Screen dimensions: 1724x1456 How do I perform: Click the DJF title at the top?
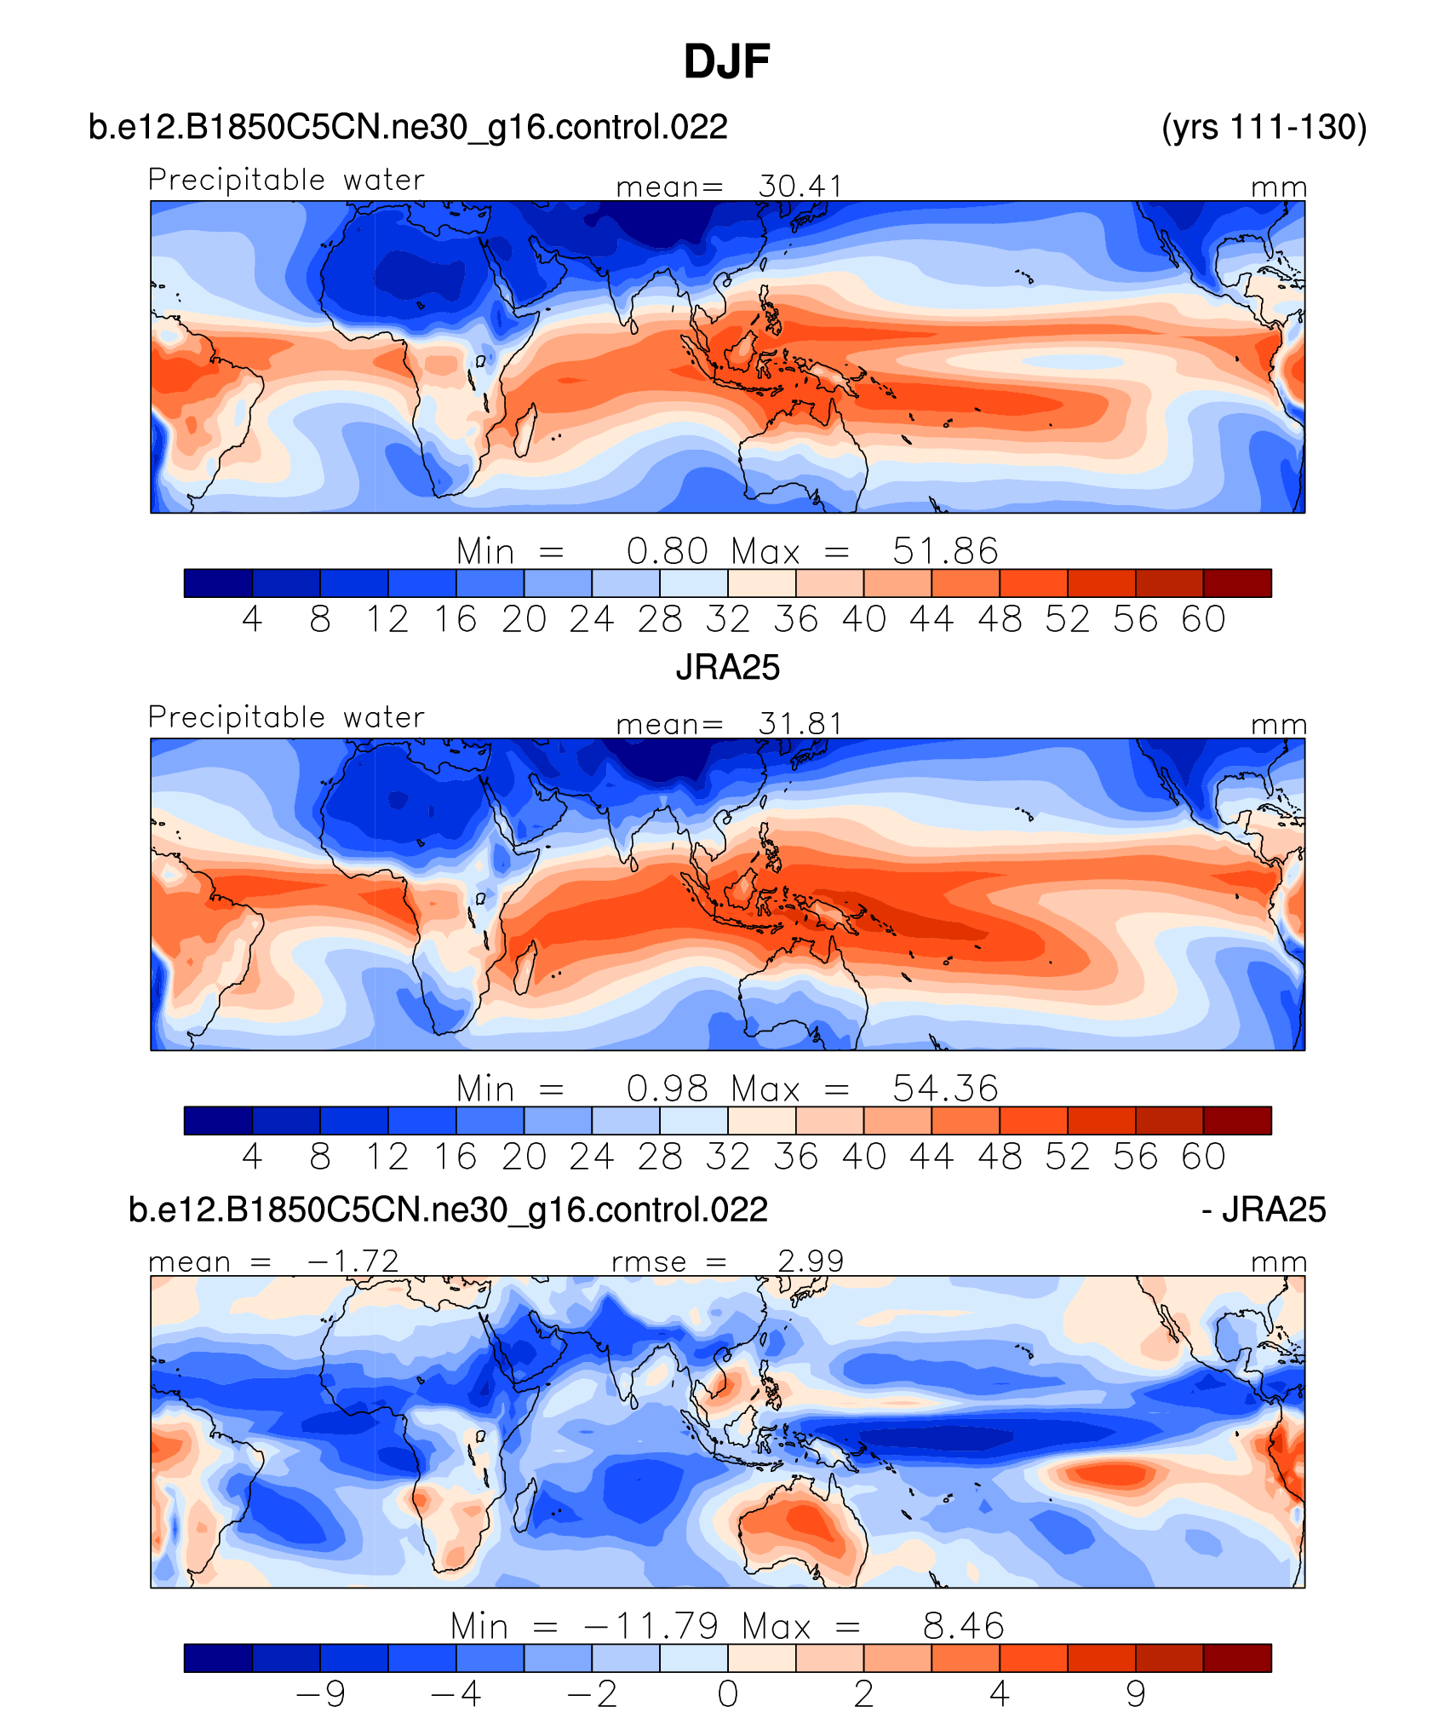click(x=726, y=61)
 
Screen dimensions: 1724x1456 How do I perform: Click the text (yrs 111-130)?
click(x=1264, y=127)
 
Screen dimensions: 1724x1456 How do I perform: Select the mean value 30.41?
click(x=800, y=186)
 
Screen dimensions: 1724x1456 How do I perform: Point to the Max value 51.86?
click(x=945, y=551)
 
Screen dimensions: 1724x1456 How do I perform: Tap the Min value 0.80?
click(x=667, y=551)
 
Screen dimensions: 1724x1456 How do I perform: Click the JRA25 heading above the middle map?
click(x=727, y=667)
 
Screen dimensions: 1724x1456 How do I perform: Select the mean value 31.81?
click(x=800, y=724)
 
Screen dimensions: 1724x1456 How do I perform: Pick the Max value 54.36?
click(x=945, y=1089)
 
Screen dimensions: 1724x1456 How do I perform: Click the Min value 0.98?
click(x=667, y=1089)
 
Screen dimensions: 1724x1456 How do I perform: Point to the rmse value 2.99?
click(x=811, y=1261)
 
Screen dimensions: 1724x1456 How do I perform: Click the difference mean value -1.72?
click(x=353, y=1261)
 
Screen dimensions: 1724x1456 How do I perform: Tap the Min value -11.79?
click(x=651, y=1626)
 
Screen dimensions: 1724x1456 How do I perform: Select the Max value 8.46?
click(x=964, y=1626)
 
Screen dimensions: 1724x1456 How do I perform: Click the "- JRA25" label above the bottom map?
click(x=1264, y=1210)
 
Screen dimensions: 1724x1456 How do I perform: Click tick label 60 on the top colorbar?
click(x=1203, y=619)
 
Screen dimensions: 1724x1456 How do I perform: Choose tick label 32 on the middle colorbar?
click(x=727, y=1157)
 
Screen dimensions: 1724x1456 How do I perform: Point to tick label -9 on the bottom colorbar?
click(x=321, y=1694)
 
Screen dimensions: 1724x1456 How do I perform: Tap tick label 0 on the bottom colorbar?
click(x=727, y=1694)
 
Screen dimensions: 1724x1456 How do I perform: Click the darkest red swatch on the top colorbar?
click(x=1237, y=583)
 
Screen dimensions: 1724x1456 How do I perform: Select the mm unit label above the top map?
click(x=1278, y=187)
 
